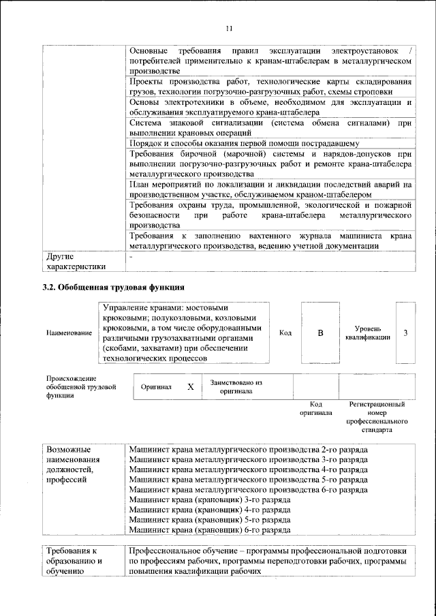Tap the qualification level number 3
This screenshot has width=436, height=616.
click(405, 333)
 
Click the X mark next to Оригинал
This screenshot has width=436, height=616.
click(191, 386)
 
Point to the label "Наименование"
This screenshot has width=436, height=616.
click(69, 333)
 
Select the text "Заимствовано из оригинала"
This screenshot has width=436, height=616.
click(236, 386)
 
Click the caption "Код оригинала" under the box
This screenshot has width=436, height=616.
click(315, 408)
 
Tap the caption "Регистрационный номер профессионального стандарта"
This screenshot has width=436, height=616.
click(377, 417)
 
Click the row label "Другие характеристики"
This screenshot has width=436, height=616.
click(76, 261)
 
